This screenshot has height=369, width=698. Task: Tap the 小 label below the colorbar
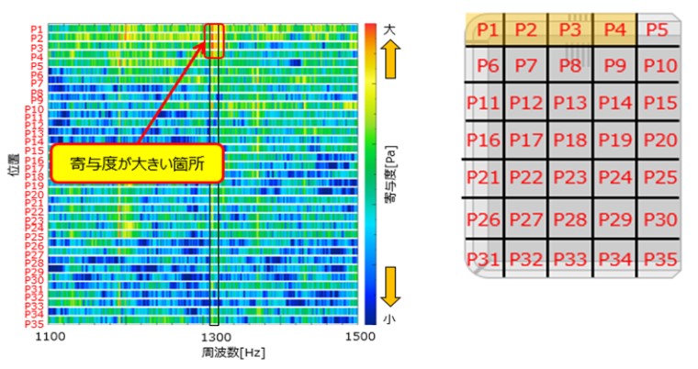pos(390,319)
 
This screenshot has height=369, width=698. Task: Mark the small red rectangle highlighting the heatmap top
pos(215,41)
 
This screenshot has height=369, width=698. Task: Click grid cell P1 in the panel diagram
pos(488,29)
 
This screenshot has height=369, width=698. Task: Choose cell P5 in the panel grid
pos(658,29)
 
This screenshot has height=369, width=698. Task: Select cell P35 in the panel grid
pos(658,258)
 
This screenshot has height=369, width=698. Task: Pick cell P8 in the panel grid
pos(571,66)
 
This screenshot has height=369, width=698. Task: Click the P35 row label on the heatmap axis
pos(33,322)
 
